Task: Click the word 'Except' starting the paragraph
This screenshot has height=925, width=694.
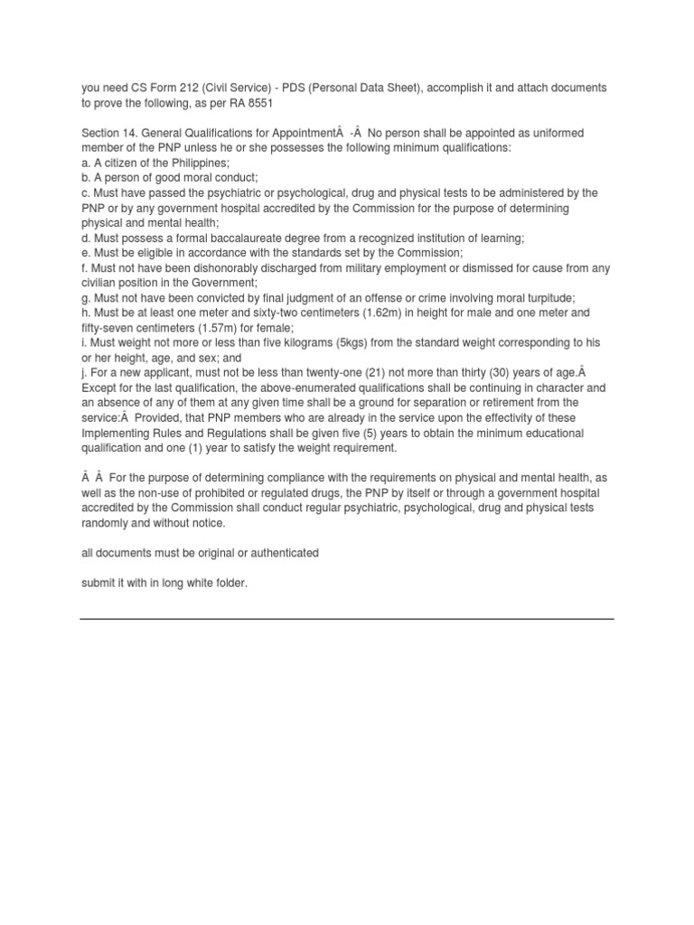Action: pyautogui.click(x=98, y=388)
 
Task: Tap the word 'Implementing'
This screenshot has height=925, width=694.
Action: pyautogui.click(x=116, y=433)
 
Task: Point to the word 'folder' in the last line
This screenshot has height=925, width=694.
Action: pyautogui.click(x=228, y=583)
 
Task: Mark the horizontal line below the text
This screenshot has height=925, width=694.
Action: pyautogui.click(x=347, y=619)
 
